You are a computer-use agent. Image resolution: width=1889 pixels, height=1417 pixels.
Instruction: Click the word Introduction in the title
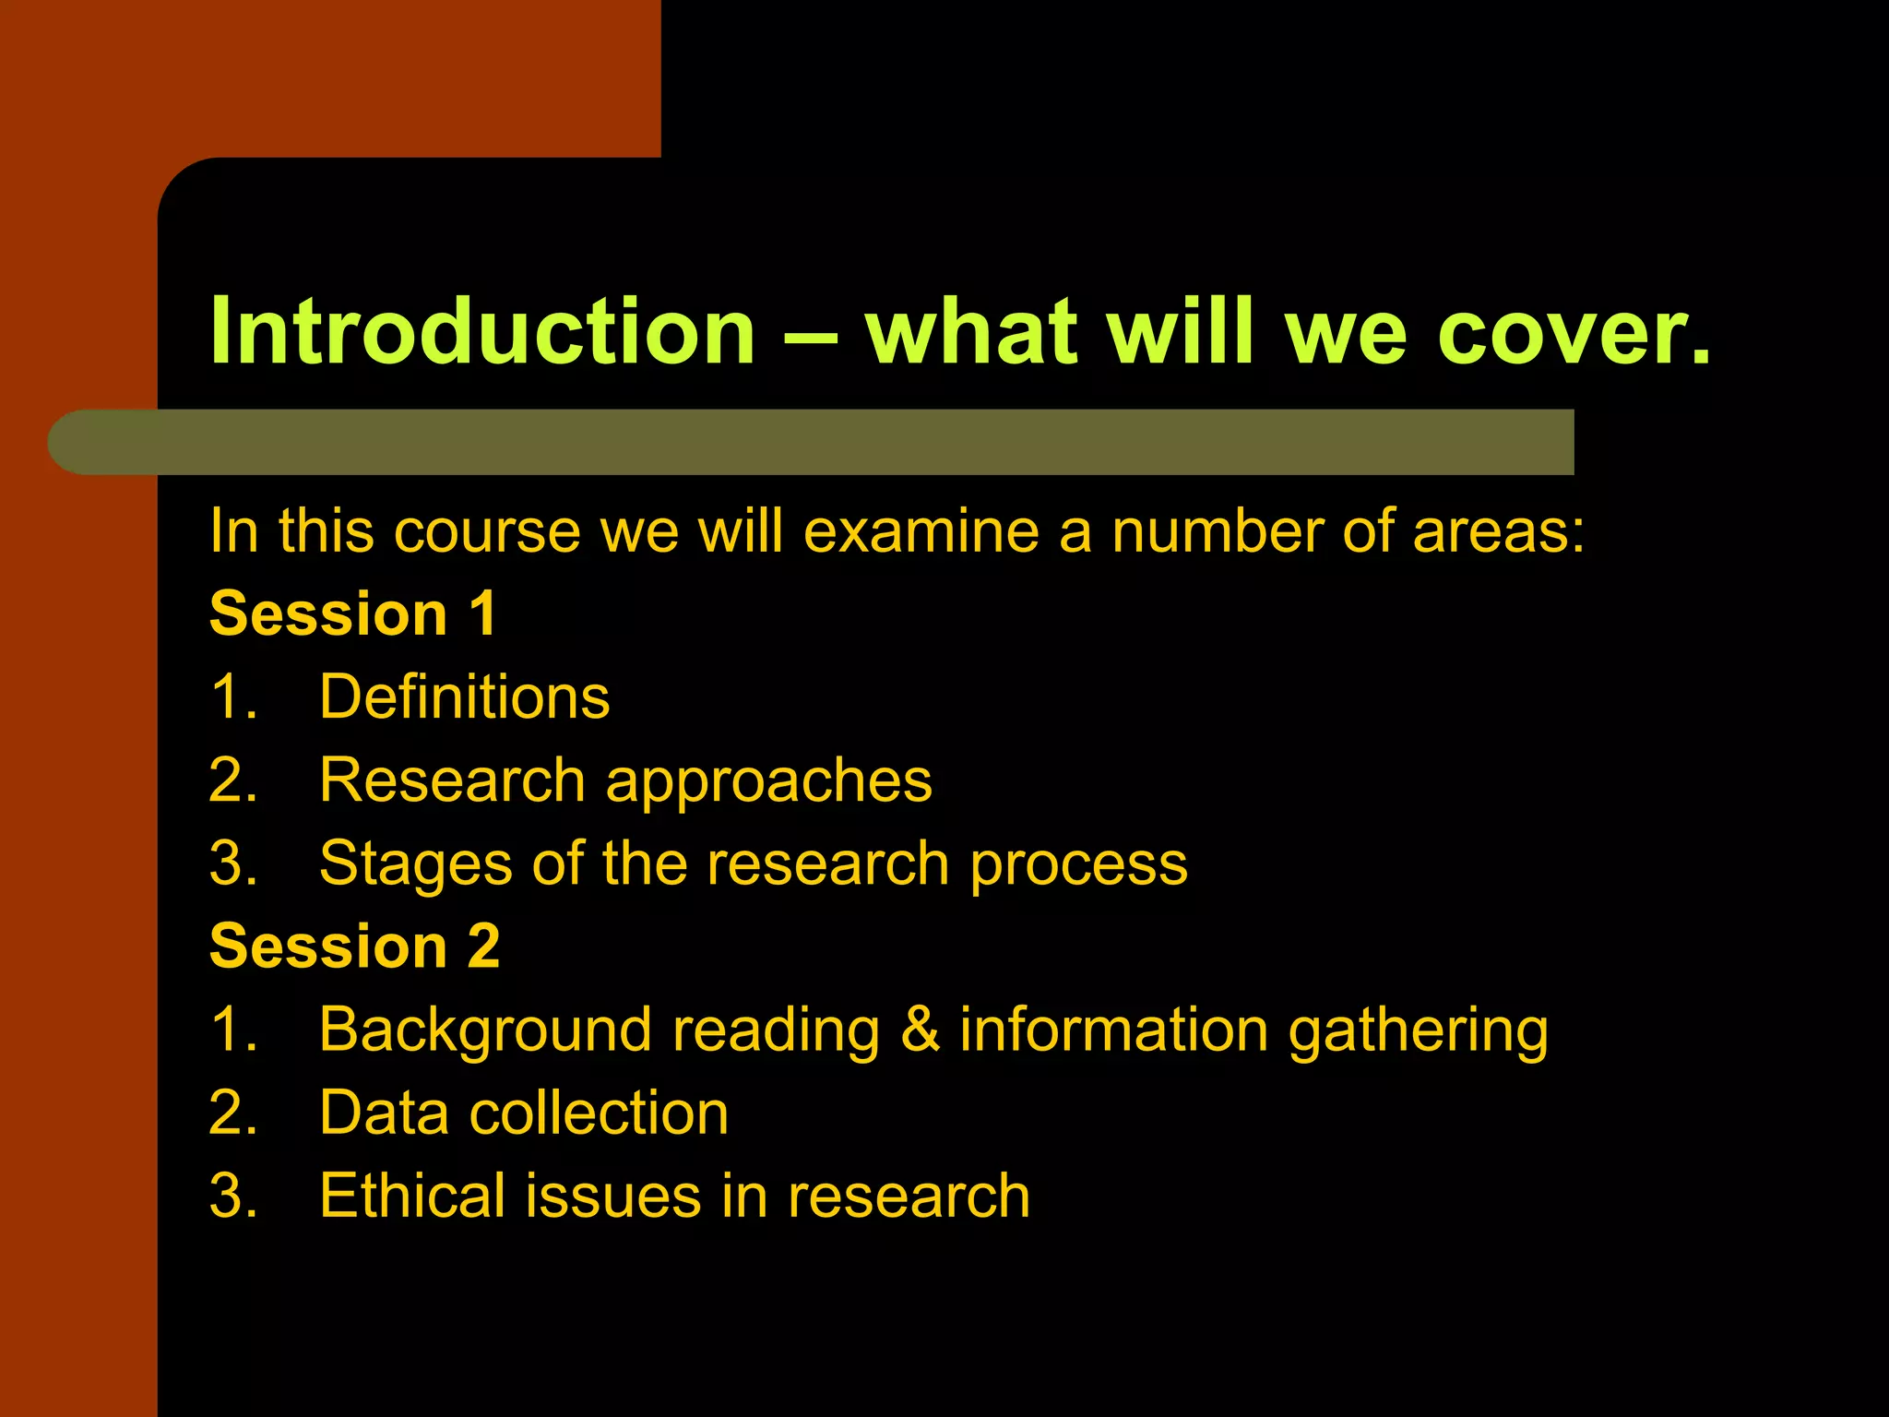pyautogui.click(x=482, y=331)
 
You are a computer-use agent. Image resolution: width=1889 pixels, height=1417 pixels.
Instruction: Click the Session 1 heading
pyautogui.click(x=353, y=613)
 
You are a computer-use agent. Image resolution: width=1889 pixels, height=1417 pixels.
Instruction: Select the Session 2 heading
pyautogui.click(x=355, y=946)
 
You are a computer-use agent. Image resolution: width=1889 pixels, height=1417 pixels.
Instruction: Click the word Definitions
pyautogui.click(x=464, y=697)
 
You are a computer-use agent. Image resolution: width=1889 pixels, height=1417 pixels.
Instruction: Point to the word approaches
pyautogui.click(x=768, y=781)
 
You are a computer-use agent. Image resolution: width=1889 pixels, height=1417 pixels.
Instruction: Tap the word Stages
pyautogui.click(x=415, y=864)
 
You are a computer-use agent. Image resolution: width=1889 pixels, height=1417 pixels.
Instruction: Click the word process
pyautogui.click(x=1078, y=864)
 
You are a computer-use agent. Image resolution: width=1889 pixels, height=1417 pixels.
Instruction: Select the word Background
pyautogui.click(x=485, y=1030)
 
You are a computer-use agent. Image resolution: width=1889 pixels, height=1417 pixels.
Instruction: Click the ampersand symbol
pyautogui.click(x=920, y=1030)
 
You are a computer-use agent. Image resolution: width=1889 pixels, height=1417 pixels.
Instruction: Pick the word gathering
pyautogui.click(x=1418, y=1031)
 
